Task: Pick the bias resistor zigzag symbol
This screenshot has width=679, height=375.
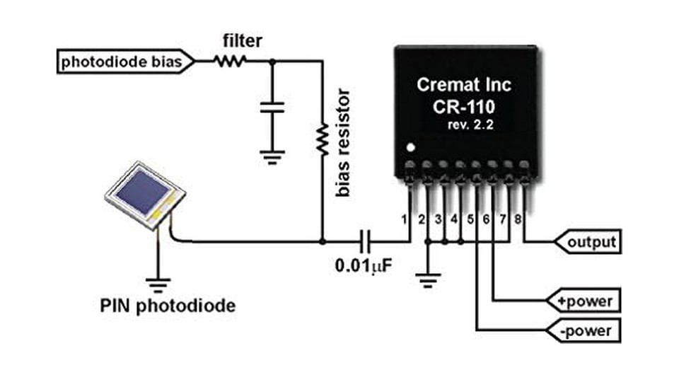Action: (x=323, y=139)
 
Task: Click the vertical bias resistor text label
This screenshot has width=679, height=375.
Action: (x=344, y=142)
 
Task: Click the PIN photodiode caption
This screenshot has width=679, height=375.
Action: (x=169, y=306)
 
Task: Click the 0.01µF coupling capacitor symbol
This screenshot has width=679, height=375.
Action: (x=365, y=241)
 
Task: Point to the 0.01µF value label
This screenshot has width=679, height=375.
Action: (x=363, y=268)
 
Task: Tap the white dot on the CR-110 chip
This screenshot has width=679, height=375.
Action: (x=408, y=149)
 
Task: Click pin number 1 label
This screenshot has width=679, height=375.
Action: (x=405, y=219)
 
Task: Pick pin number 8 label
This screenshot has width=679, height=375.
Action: (x=518, y=219)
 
